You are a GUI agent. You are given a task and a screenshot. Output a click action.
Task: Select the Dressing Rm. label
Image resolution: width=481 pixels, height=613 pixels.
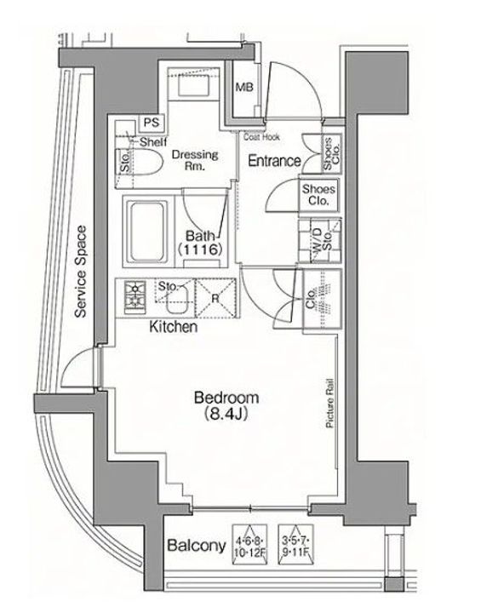(195, 160)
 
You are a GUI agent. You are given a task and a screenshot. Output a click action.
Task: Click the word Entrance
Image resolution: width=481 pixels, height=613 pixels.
(273, 160)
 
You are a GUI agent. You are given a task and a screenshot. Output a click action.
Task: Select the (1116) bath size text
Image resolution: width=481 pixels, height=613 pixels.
(201, 249)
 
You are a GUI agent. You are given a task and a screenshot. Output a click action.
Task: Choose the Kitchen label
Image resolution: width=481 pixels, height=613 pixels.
(174, 327)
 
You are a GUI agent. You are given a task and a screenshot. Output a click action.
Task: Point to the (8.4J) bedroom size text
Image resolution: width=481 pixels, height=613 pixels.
(226, 415)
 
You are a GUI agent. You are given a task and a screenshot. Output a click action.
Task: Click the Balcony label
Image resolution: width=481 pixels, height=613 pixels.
(195, 545)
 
